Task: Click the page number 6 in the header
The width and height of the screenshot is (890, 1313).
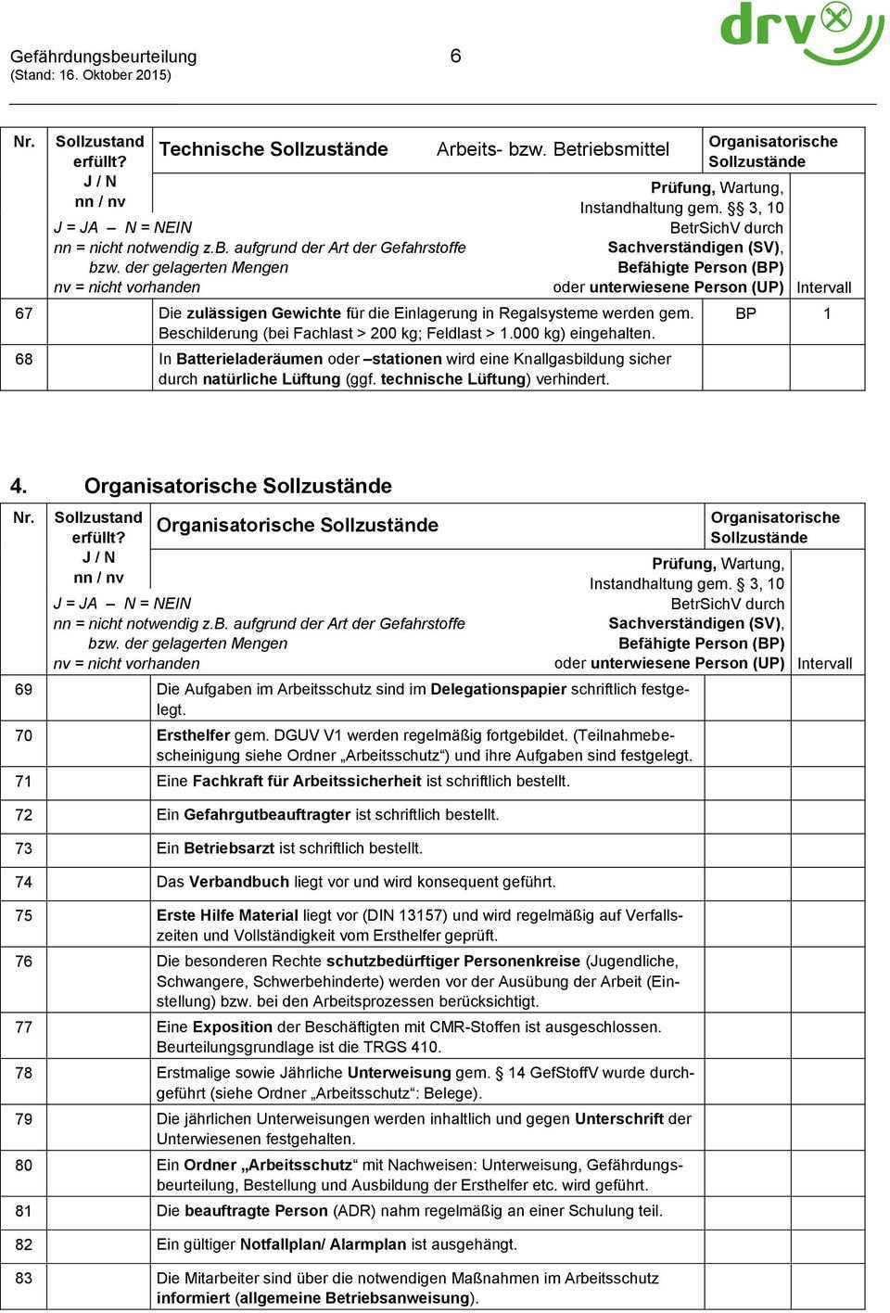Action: click(x=455, y=56)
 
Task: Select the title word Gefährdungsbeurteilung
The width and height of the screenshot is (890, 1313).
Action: click(x=104, y=57)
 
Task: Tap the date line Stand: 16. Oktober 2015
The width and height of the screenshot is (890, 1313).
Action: click(x=91, y=75)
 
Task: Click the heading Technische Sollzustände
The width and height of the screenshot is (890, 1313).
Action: click(x=273, y=149)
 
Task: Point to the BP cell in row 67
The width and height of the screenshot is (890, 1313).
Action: click(x=746, y=314)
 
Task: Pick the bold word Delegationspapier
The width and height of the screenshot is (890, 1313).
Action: click(x=499, y=690)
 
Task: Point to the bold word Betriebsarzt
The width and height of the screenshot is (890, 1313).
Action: click(x=229, y=848)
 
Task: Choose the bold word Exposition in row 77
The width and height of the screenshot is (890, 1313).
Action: click(x=233, y=1027)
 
